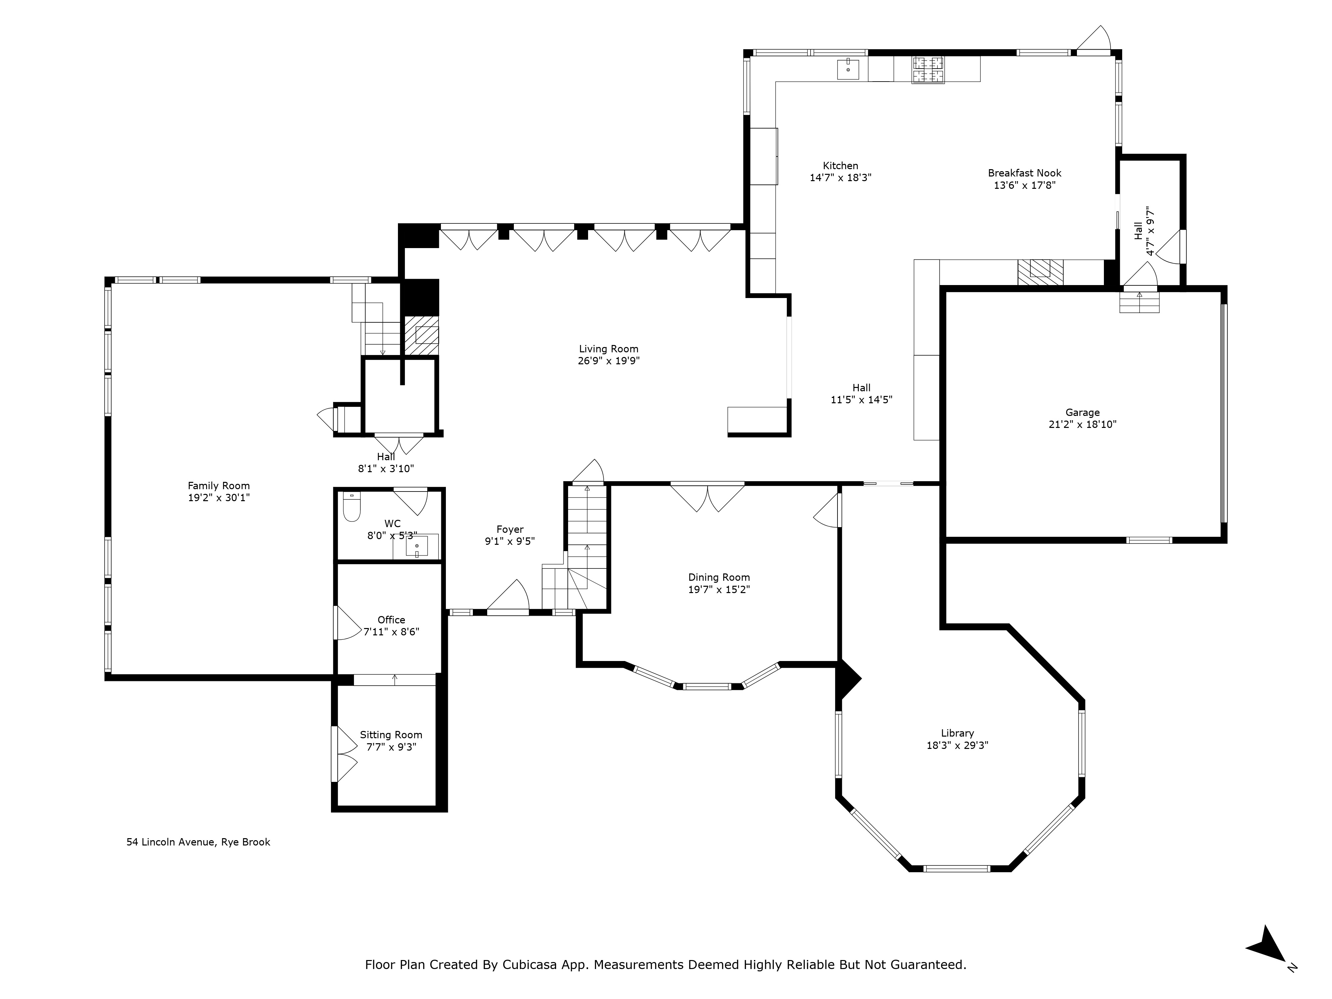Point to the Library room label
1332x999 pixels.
(x=957, y=733)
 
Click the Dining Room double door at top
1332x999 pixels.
(x=708, y=498)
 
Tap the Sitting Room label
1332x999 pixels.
(x=391, y=735)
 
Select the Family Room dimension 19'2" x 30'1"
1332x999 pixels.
(x=218, y=498)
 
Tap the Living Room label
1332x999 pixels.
(x=608, y=349)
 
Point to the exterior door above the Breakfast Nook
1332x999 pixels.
(x=1095, y=40)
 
